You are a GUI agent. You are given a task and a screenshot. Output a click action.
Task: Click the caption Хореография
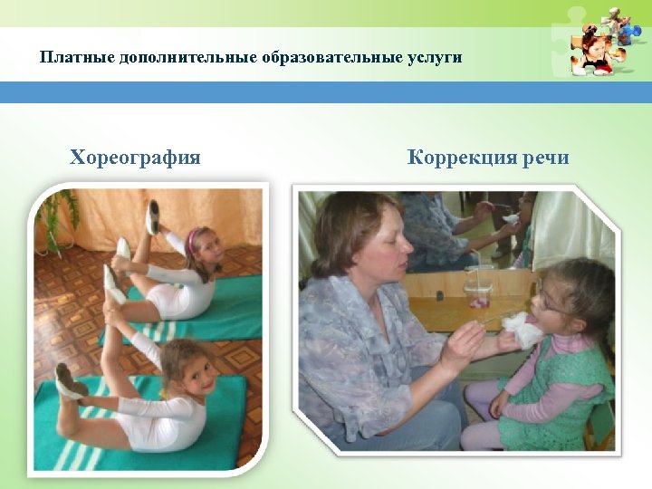135,158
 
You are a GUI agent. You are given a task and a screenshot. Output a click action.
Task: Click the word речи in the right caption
545,158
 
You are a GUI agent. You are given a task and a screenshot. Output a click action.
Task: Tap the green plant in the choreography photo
54,217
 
